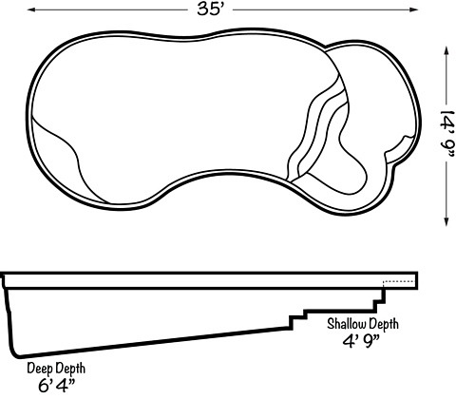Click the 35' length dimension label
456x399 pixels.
[x=211, y=9]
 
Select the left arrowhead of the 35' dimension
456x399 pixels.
[x=31, y=9]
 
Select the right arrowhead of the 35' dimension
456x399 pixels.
[x=414, y=9]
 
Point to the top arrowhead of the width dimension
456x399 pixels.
[x=446, y=50]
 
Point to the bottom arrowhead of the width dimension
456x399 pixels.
[x=446, y=221]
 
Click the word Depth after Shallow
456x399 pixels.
[x=382, y=325]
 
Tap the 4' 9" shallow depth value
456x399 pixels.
[x=361, y=341]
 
